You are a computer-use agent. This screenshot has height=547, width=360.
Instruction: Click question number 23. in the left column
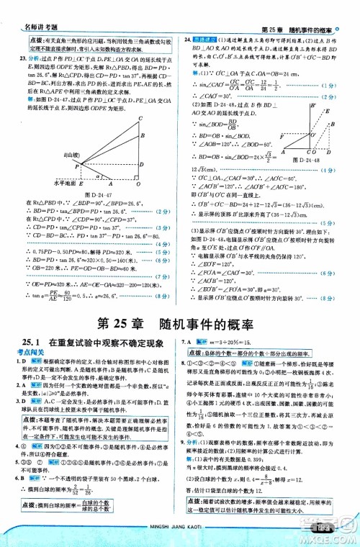point(22,57)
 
